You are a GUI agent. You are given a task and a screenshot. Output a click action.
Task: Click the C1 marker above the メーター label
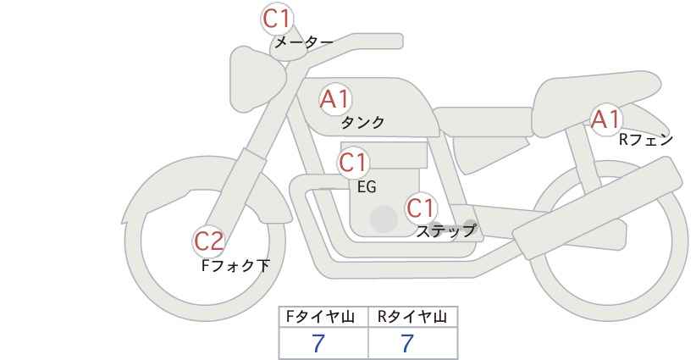coord(277,19)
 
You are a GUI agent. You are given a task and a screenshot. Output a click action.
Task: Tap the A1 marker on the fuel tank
coord(335,99)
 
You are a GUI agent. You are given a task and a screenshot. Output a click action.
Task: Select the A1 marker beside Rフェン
coord(606,119)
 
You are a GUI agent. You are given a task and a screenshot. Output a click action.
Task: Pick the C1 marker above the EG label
coord(353,163)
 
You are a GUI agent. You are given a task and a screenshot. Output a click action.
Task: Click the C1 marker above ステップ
coord(421,208)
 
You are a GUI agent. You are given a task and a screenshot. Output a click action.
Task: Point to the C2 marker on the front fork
coord(208,242)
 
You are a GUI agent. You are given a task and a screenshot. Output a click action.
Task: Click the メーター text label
coord(304,42)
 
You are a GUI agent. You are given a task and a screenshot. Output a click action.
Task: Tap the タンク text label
coord(362,123)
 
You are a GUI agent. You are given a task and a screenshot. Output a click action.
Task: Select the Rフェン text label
coord(646,140)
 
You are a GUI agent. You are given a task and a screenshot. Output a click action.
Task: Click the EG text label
coord(367,187)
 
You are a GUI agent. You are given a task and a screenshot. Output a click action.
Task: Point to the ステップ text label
coord(445,231)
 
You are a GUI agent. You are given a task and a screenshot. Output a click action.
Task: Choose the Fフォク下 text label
coord(235,265)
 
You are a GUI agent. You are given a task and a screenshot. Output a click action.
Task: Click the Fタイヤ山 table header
coord(320,317)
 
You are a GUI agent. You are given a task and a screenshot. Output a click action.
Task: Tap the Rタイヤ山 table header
coord(412,317)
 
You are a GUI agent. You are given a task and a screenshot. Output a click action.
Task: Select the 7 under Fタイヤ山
coord(318,343)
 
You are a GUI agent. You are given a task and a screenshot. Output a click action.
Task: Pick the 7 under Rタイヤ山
coord(407,343)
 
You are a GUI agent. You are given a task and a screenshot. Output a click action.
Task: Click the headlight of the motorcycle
coord(257,79)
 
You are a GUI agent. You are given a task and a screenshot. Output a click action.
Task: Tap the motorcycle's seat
coord(594,106)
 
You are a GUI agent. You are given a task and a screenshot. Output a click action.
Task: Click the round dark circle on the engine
coord(384,219)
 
